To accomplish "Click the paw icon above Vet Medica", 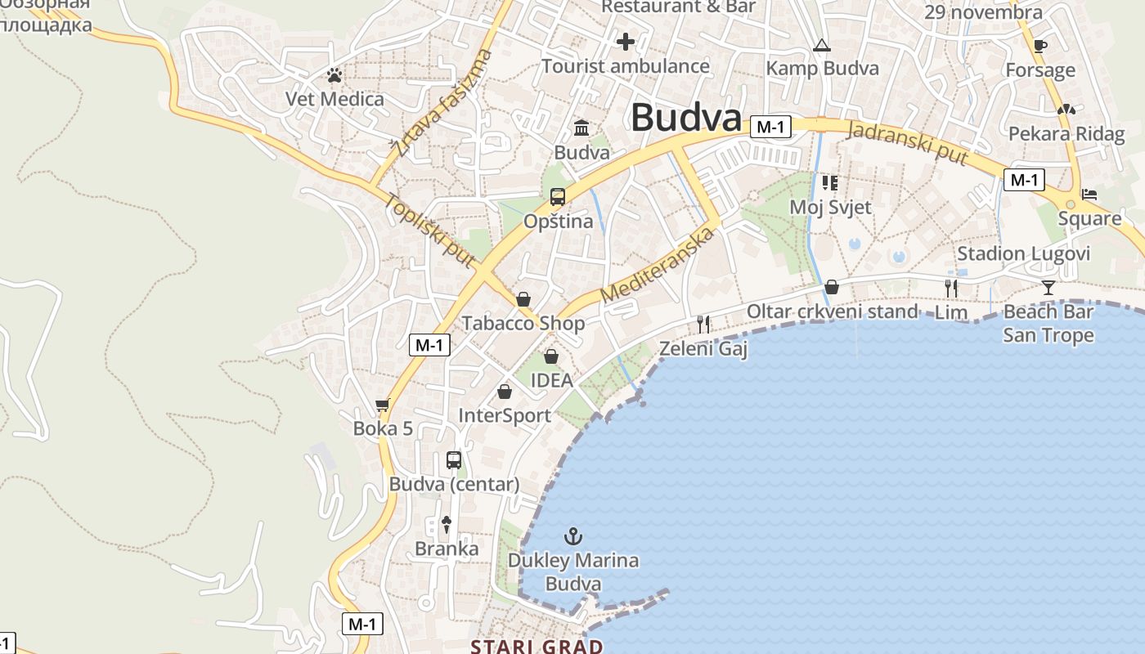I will click(334, 76).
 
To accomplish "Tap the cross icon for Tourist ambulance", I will click(626, 42).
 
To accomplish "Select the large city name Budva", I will click(685, 118).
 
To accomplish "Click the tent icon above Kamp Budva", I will click(822, 46).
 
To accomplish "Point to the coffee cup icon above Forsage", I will click(1039, 46).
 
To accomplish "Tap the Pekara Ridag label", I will click(1066, 133).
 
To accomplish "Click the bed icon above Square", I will click(1089, 195).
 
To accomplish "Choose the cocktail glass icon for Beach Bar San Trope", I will click(1048, 287).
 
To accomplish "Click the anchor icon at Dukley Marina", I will click(573, 536).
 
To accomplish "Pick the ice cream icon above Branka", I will click(447, 524).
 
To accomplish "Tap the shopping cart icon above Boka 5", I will click(382, 405).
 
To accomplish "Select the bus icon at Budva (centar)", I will click(454, 460).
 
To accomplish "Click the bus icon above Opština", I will click(558, 197).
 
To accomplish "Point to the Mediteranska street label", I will click(656, 265).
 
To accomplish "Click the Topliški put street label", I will click(430, 230).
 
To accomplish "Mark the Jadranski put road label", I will click(908, 142).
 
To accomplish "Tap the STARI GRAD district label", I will click(537, 647).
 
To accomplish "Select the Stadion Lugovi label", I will click(1023, 253).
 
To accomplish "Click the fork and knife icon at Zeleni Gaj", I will click(703, 325).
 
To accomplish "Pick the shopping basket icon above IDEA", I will click(551, 356).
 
